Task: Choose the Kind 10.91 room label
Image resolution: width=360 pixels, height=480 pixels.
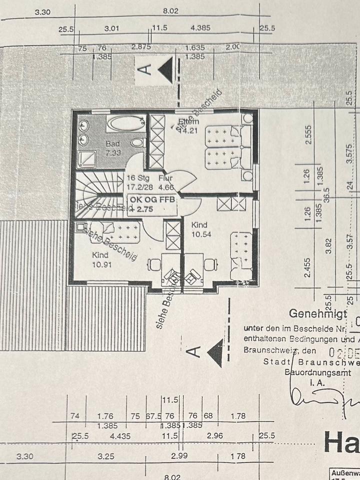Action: (x=102, y=259)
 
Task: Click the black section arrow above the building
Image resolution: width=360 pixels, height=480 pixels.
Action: (x=166, y=69)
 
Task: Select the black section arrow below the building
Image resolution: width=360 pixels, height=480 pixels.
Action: (x=215, y=352)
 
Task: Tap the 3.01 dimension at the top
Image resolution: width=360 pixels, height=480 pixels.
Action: (x=112, y=29)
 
